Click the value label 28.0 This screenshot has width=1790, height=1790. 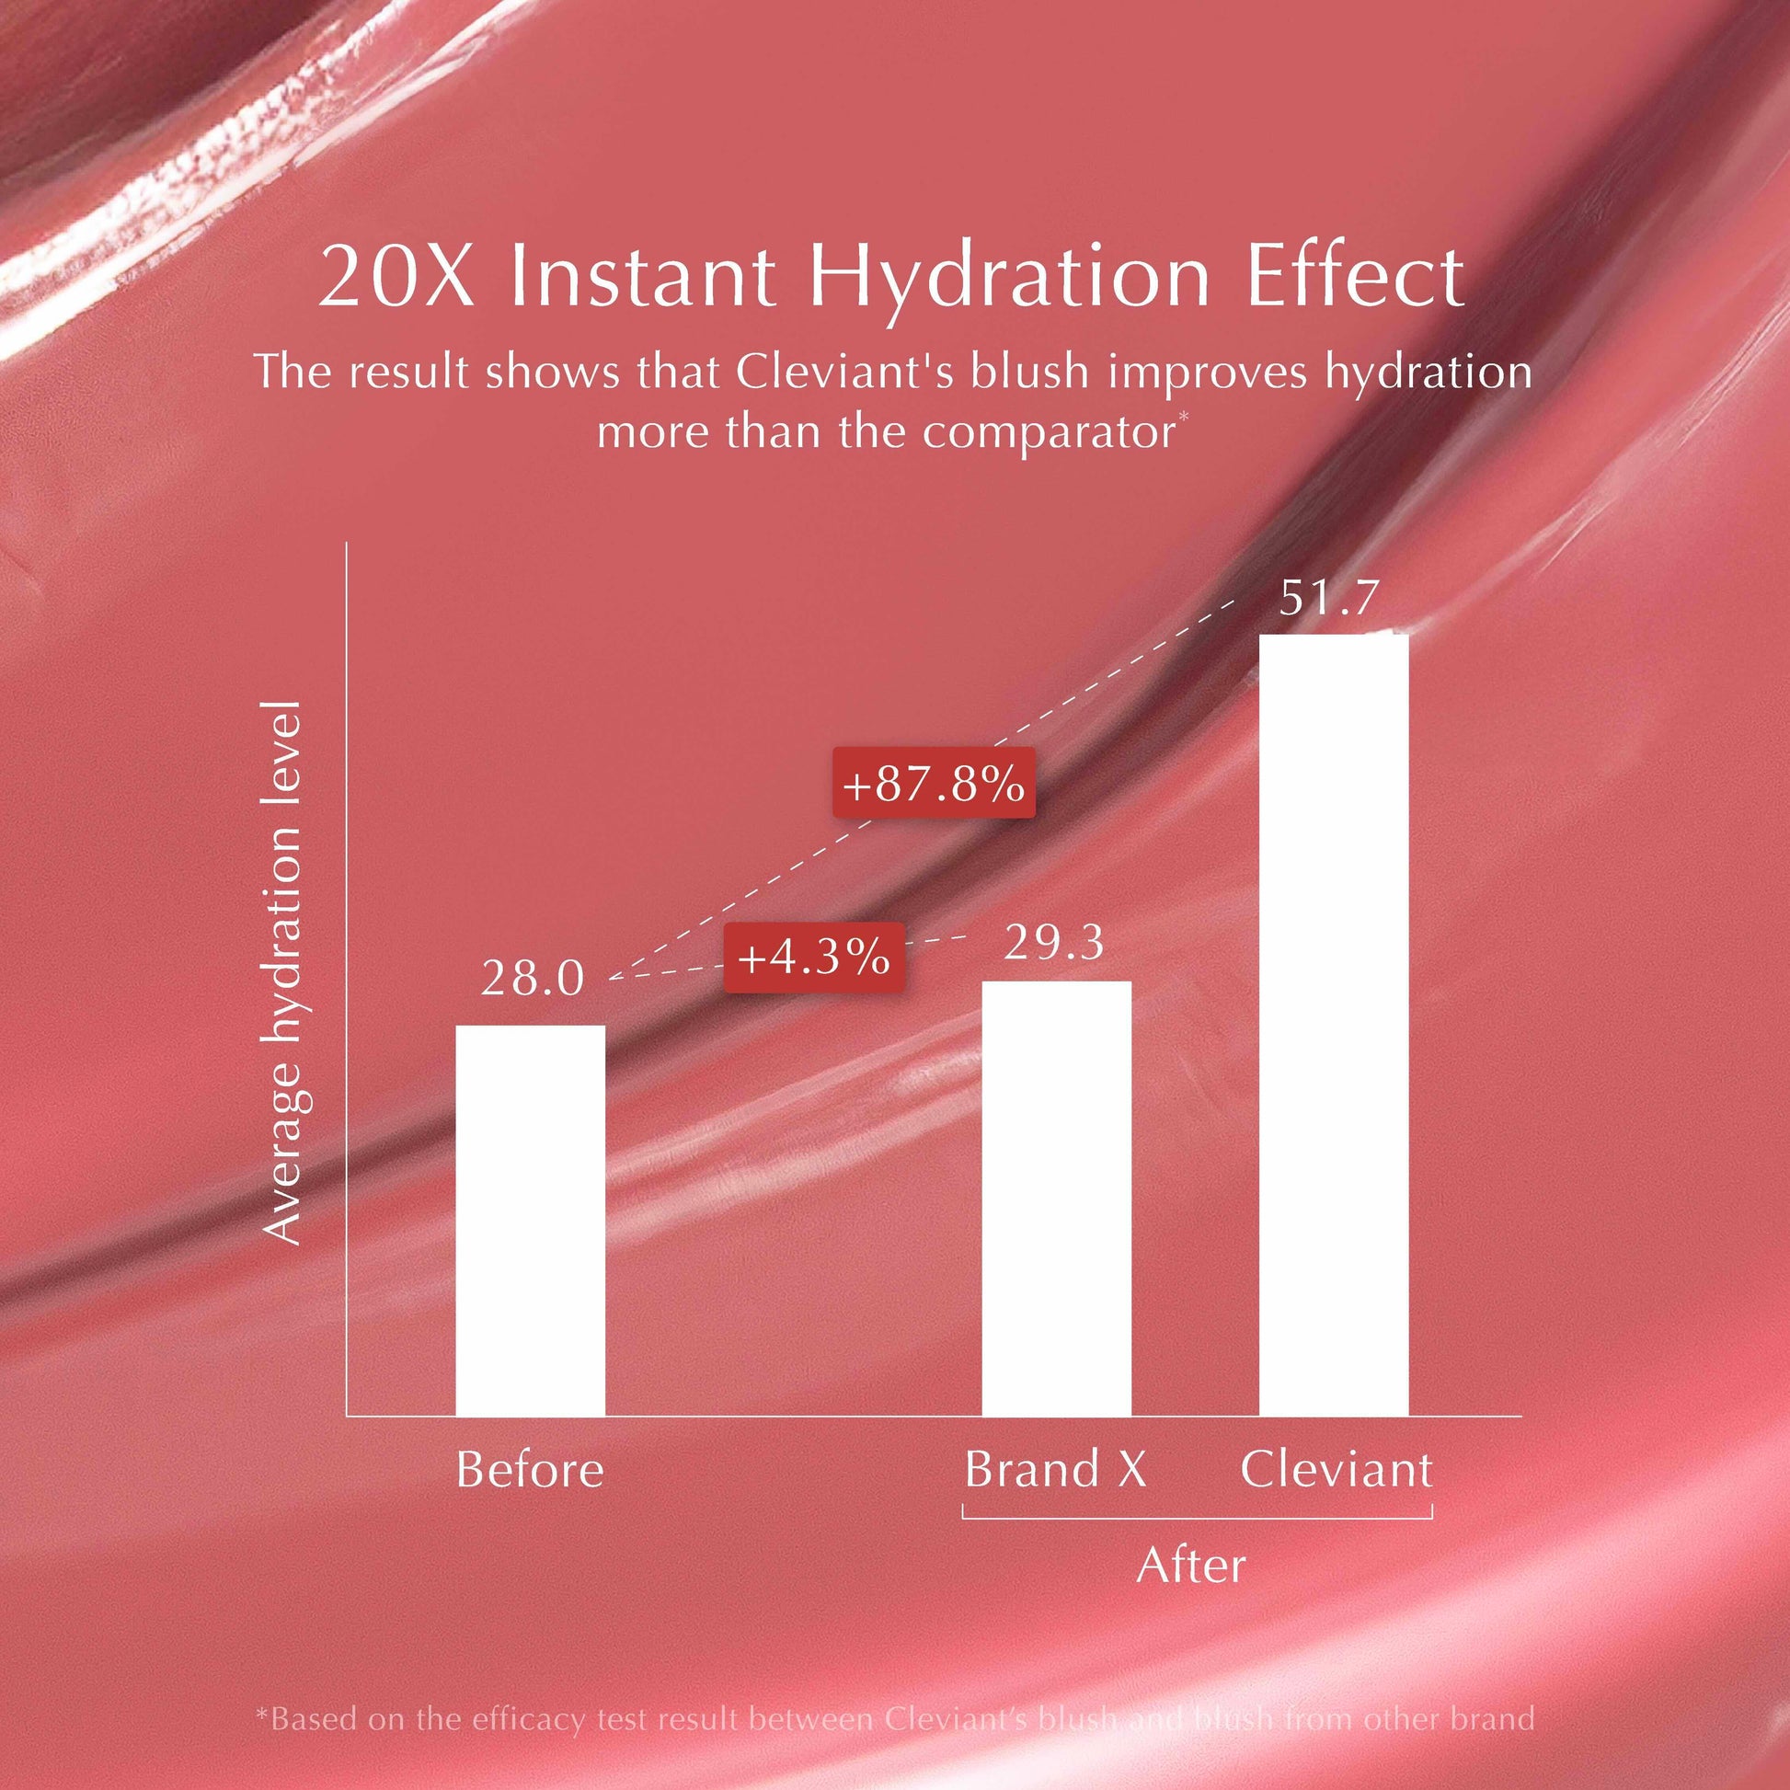click(533, 980)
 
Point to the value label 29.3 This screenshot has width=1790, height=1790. click(1054, 943)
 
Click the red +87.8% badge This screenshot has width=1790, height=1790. click(933, 784)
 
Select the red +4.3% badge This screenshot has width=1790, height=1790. click(813, 957)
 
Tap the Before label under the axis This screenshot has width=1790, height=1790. click(529, 1470)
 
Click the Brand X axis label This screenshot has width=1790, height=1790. click(1055, 1470)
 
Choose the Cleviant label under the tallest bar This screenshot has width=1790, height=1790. click(1336, 1470)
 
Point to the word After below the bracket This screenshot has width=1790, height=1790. click(1190, 1566)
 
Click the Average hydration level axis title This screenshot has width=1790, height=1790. click(283, 973)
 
